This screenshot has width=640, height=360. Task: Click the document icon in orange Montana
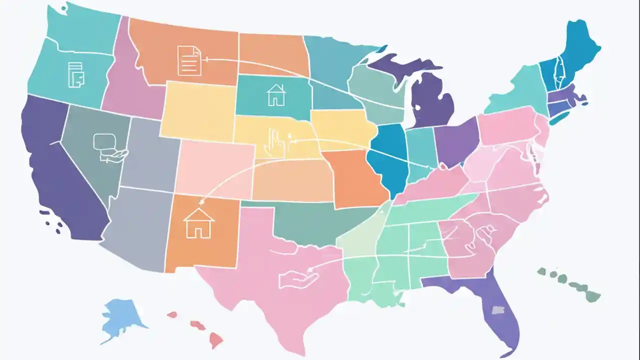pyautogui.click(x=189, y=60)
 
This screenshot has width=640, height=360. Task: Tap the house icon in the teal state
pyautogui.click(x=275, y=95)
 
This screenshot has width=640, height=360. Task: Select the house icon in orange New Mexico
pyautogui.click(x=198, y=223)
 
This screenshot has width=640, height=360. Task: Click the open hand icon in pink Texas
pyautogui.click(x=298, y=278)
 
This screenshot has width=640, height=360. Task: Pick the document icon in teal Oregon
pyautogui.click(x=76, y=74)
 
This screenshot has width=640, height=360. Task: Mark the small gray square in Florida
pyautogui.click(x=498, y=310)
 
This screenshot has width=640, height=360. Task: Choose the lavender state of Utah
pyautogui.click(x=150, y=155)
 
